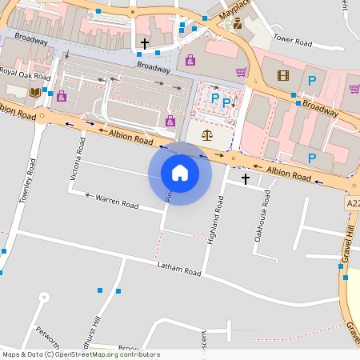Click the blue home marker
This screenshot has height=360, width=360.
(180, 173)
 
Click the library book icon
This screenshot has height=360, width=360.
(34, 93)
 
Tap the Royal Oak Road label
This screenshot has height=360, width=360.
(25, 74)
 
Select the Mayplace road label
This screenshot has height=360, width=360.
(235, 13)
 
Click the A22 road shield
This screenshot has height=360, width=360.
(353, 204)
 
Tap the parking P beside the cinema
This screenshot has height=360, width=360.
(311, 80)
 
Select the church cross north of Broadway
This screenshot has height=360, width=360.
(145, 42)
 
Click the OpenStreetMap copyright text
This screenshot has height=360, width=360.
(81, 354)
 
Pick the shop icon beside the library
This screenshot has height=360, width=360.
(61, 96)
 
